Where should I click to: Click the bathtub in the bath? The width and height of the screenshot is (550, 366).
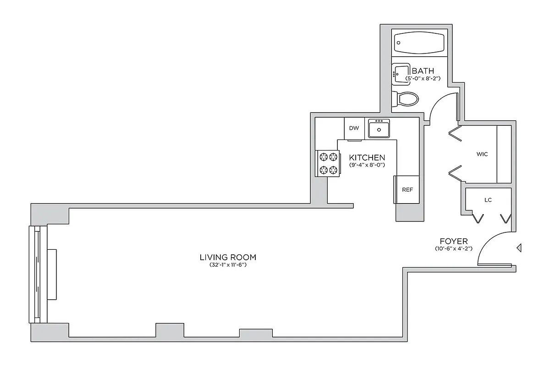click(x=419, y=43)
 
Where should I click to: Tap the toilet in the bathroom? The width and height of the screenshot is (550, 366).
click(x=406, y=98)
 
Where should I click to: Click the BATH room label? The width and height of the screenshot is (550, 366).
click(x=423, y=71)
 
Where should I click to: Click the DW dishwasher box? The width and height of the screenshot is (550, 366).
click(x=354, y=128)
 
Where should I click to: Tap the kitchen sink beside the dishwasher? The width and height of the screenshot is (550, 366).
click(x=379, y=129)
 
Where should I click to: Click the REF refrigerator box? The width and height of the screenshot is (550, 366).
click(x=407, y=189)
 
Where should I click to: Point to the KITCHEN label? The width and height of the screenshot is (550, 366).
click(x=367, y=157)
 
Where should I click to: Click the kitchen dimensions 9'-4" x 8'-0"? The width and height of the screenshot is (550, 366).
click(x=367, y=164)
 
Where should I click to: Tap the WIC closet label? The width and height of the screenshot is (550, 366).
click(x=482, y=154)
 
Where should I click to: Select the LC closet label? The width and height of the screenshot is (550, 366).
click(x=488, y=200)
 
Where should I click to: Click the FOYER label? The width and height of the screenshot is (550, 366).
click(x=453, y=241)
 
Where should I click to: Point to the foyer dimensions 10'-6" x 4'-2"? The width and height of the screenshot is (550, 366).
click(x=453, y=248)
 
